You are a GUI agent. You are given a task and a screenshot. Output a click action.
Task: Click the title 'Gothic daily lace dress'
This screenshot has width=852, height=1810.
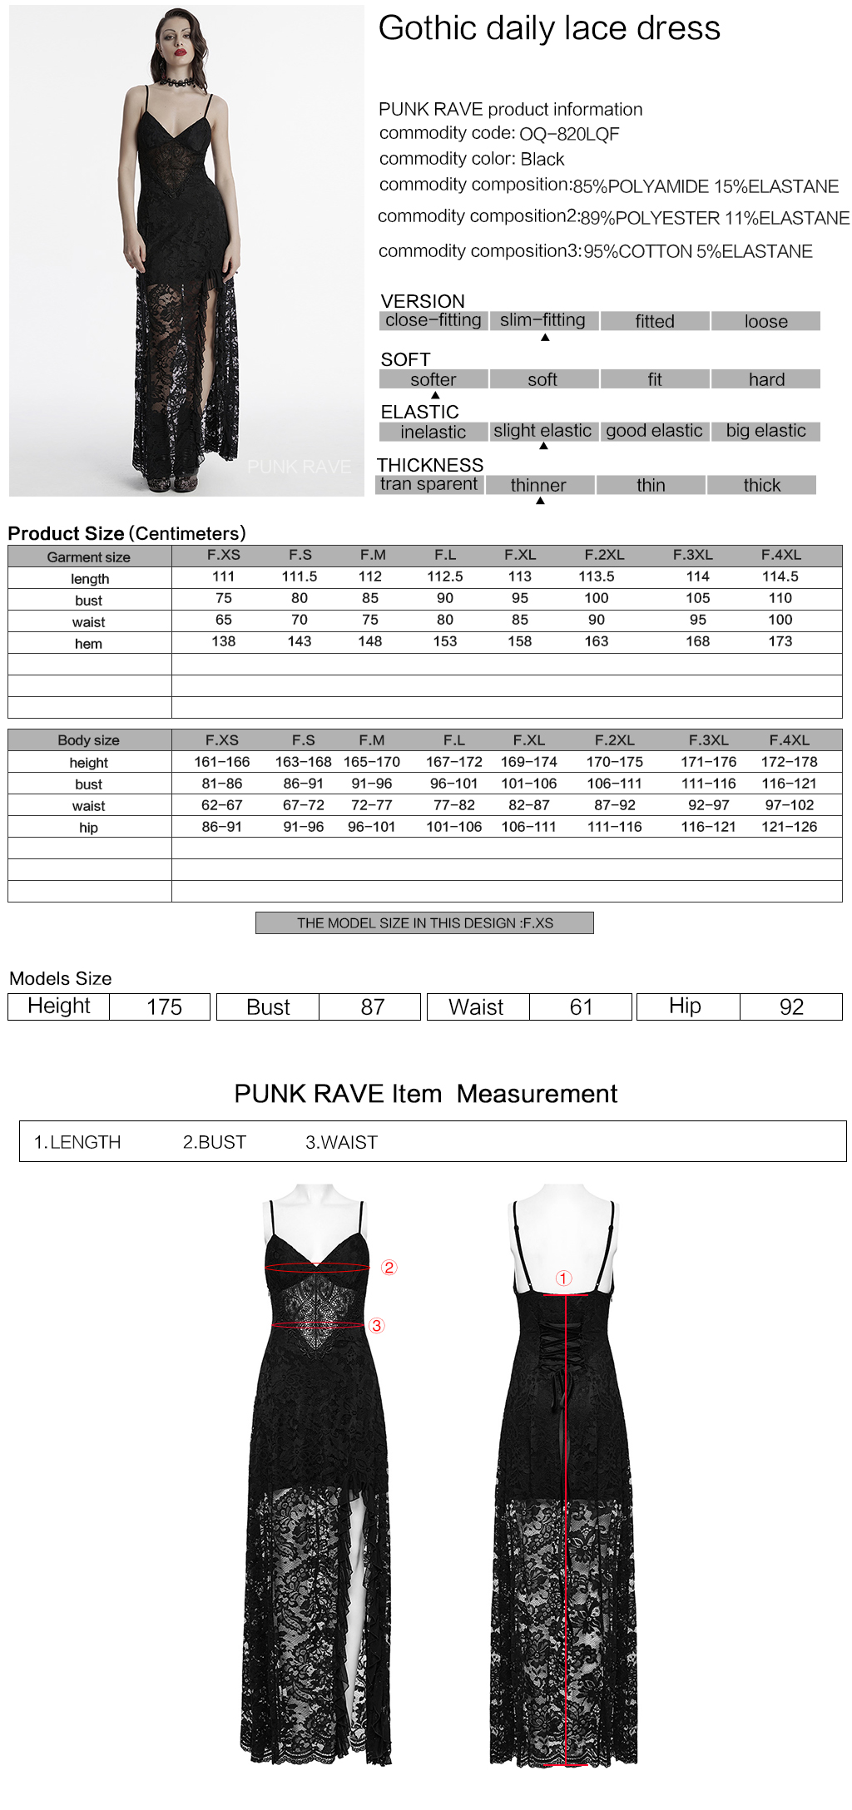549,28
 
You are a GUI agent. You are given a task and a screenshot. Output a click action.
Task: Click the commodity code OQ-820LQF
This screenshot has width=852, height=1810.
569,134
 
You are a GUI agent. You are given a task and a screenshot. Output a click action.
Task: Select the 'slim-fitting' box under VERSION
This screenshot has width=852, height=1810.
543,320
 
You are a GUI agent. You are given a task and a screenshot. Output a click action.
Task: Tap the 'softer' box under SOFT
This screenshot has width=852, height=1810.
433,379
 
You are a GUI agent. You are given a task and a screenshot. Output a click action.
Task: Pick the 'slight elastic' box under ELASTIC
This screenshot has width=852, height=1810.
542,431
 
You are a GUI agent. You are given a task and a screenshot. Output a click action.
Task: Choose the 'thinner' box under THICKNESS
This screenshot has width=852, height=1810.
538,485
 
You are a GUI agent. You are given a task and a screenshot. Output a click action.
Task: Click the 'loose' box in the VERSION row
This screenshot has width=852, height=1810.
765,321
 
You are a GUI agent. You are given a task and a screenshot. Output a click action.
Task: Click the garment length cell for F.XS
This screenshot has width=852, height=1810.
223,576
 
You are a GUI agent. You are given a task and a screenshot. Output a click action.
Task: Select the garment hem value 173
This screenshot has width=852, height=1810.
780,641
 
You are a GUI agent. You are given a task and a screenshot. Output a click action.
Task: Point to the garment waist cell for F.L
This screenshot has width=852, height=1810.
445,620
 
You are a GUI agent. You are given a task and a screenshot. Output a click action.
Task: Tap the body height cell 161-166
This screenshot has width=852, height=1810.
222,762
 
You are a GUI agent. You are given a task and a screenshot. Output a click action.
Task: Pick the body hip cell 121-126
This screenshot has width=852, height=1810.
789,827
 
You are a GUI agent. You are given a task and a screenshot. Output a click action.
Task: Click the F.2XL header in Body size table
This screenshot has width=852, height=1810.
614,740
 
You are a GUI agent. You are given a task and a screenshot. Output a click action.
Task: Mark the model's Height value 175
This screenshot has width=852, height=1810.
164,1007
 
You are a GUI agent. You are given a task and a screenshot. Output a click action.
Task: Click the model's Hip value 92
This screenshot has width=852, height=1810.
791,1007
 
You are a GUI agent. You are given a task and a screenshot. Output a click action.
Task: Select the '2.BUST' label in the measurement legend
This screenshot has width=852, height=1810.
215,1142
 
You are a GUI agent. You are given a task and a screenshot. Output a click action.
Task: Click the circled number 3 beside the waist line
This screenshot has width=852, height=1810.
377,1326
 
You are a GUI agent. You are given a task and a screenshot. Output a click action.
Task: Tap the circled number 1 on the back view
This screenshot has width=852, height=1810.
564,1278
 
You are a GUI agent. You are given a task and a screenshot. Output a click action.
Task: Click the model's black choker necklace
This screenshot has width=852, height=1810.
179,81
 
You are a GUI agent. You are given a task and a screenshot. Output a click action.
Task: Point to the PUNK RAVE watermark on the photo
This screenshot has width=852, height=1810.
299,467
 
